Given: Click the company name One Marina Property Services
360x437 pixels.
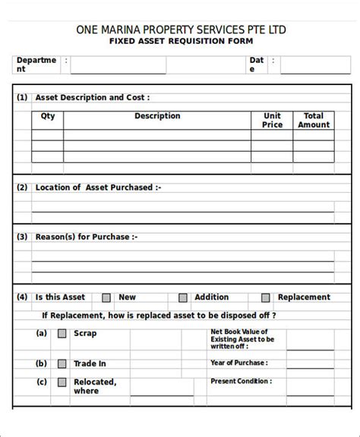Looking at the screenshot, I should pos(181,30).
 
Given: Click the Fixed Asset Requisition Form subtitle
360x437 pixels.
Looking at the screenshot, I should pos(181,42).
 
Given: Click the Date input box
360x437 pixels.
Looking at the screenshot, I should pos(315,64).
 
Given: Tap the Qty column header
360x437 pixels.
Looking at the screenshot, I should pos(48,116).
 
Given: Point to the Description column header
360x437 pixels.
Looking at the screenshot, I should pos(157,116).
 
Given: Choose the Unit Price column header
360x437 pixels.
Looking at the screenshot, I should pos(273,120).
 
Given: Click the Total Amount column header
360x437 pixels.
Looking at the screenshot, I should pos(314,120).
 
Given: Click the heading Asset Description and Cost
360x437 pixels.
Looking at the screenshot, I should pos(93,97).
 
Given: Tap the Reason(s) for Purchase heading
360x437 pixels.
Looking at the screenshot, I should pos(87,237).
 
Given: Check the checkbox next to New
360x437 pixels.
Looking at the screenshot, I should pos(106,298).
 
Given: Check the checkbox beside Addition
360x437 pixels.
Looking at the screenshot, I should pos(183,298).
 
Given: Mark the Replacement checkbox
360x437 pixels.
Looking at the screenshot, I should pos(266,298).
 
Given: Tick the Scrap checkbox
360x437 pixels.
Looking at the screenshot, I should pos(62,334).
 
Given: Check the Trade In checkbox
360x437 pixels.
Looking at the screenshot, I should pos(62,363).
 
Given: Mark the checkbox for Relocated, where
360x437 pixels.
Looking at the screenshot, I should pos(62,383).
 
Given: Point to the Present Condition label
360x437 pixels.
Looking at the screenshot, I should pos(242,381).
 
